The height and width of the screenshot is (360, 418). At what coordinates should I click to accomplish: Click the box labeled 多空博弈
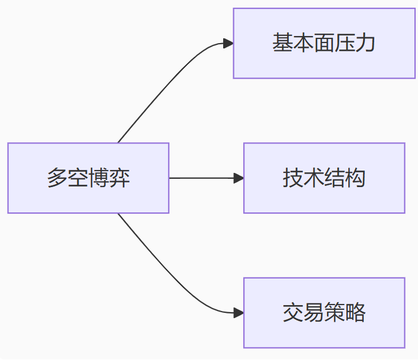pos(88,178)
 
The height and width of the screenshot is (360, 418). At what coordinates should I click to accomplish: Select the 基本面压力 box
pos(324,43)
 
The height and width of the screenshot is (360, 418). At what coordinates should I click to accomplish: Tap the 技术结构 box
pos(324,178)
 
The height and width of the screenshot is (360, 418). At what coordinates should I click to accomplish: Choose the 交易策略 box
pos(324,312)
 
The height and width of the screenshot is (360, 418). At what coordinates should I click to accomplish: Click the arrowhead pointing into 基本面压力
pos(228,43)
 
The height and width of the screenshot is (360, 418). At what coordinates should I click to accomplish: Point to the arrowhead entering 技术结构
pos(239,178)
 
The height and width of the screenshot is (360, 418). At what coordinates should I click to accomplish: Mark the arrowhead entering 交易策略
pos(239,312)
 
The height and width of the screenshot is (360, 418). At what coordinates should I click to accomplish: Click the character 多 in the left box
pos(57,178)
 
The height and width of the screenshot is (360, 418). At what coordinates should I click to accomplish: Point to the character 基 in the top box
pos(282,43)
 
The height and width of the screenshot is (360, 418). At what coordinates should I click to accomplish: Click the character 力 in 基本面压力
pos(365,43)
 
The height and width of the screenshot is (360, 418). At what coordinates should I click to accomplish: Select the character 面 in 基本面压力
pos(324,43)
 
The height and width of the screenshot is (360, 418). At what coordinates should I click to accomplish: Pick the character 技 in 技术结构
pos(293,178)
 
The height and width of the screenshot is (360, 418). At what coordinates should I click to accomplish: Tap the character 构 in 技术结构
pos(355,178)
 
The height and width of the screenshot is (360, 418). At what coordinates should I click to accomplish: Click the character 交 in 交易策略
pos(293,312)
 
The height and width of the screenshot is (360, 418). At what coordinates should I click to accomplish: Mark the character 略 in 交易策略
pos(355,312)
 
